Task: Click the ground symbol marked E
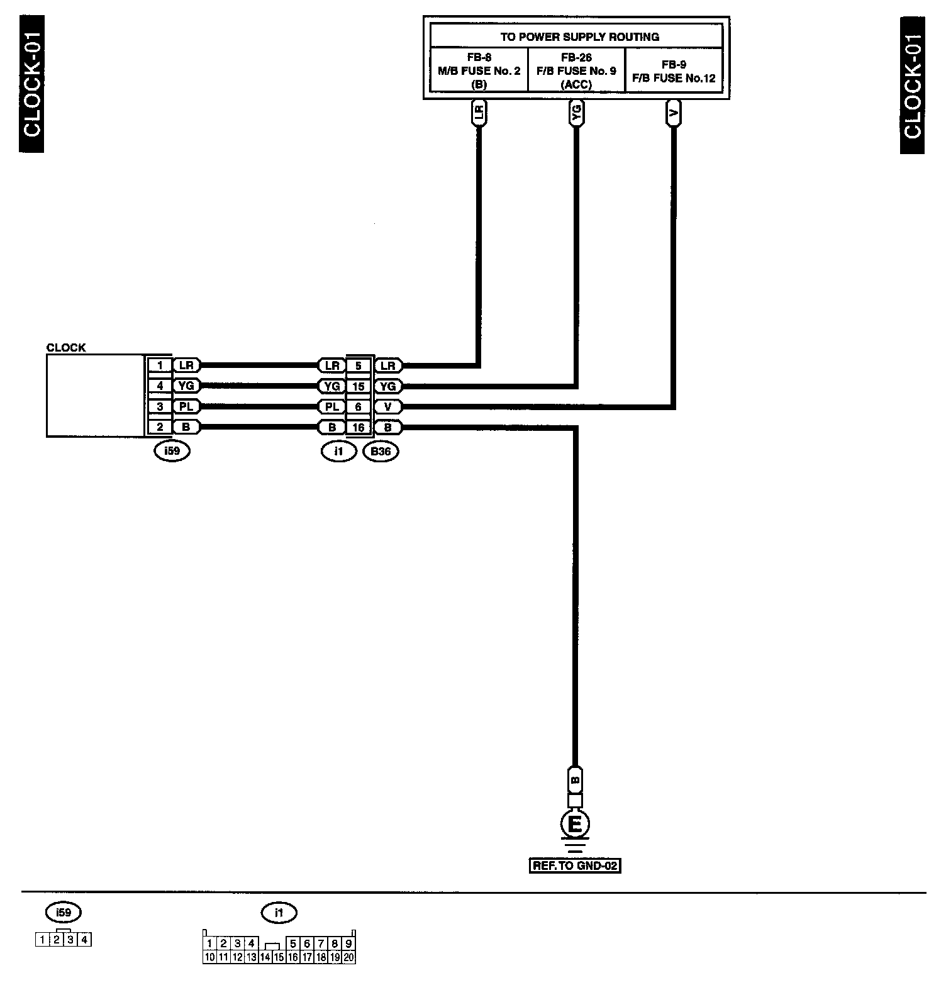575,824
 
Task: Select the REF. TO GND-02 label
575,865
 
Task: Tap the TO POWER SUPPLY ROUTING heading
579,36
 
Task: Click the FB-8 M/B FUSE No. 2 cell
479,70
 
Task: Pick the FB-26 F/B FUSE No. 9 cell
576,70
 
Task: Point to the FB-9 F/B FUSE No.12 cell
674,70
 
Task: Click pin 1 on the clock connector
160,365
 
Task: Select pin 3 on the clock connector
160,407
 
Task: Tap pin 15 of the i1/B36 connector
359,386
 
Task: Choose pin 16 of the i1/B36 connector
359,428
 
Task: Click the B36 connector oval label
381,451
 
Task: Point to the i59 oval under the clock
172,451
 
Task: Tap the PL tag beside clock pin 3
186,407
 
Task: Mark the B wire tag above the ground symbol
575,781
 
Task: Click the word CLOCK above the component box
66,347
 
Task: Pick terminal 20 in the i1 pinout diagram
348,957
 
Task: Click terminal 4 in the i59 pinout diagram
85,940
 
